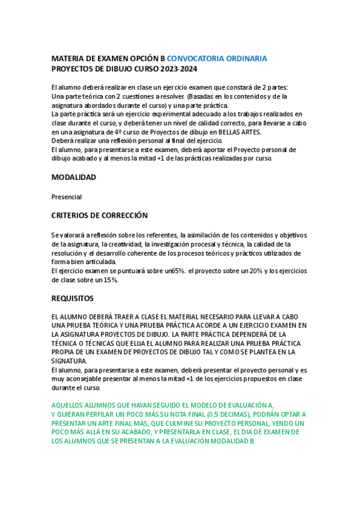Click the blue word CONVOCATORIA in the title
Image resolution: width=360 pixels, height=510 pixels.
point(197,58)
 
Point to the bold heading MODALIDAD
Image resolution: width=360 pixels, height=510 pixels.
point(74,177)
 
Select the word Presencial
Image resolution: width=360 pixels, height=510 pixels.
point(66,197)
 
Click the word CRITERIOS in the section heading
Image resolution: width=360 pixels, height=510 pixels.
point(73,215)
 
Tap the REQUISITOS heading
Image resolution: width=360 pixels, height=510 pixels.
point(72,298)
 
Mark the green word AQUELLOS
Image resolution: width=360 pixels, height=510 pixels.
point(69,406)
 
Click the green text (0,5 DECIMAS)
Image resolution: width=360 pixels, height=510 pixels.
point(222,414)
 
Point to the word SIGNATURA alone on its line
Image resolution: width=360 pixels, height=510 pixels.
point(70,361)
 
